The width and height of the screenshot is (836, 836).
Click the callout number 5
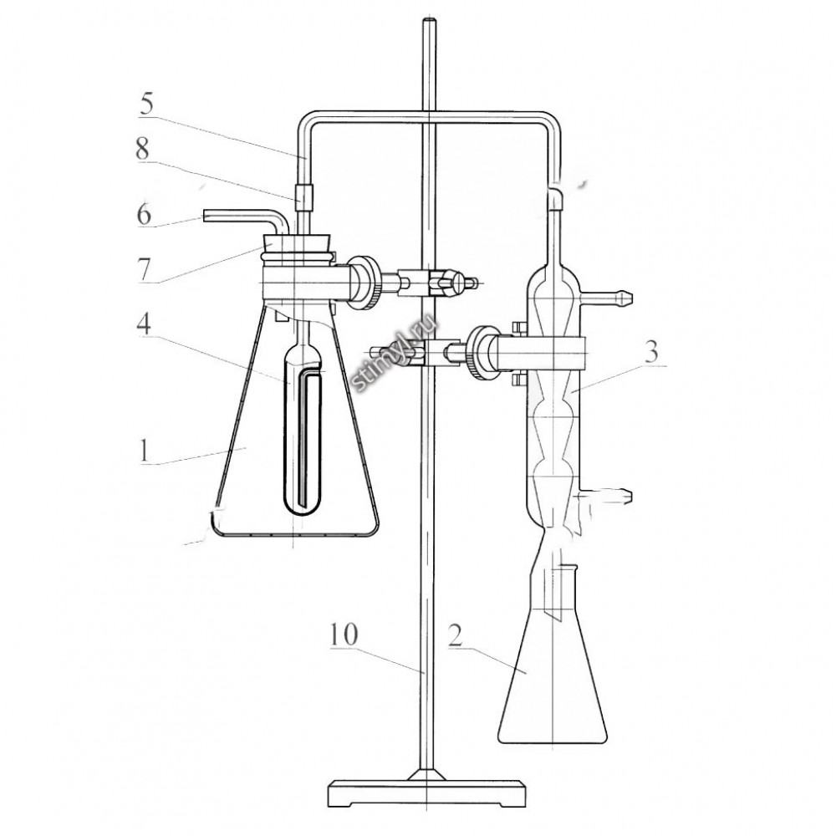(x=146, y=104)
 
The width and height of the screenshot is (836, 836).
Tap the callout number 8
(x=142, y=150)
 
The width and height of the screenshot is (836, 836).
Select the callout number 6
(x=144, y=214)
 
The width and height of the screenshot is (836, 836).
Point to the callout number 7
(x=144, y=269)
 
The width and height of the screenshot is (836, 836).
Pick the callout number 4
(x=144, y=323)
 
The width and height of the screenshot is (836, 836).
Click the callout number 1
(x=144, y=452)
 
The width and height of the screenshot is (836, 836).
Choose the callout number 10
(x=344, y=635)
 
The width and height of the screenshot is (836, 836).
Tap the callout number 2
(x=455, y=635)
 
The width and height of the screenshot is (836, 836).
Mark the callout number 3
(x=651, y=353)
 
